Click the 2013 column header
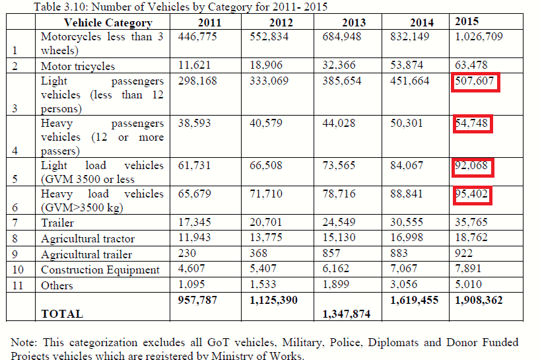[x=353, y=22]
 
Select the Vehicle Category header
[x=108, y=22]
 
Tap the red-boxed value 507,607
[x=475, y=81]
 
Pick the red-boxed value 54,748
[x=471, y=124]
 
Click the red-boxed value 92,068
[x=471, y=166]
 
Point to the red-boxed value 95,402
[x=471, y=194]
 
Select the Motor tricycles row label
[x=78, y=66]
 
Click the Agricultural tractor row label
[x=88, y=238]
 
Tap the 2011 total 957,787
[x=197, y=300]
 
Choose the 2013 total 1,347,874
[x=347, y=314]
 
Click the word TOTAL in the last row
[x=62, y=314]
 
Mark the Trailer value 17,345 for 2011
[x=194, y=222]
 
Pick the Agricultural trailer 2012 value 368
[x=258, y=253]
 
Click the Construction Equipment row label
[x=100, y=270]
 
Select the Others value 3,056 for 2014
[x=403, y=285]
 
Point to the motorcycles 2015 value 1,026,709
[x=479, y=36]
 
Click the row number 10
[x=18, y=270]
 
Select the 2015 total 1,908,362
[x=479, y=300]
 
